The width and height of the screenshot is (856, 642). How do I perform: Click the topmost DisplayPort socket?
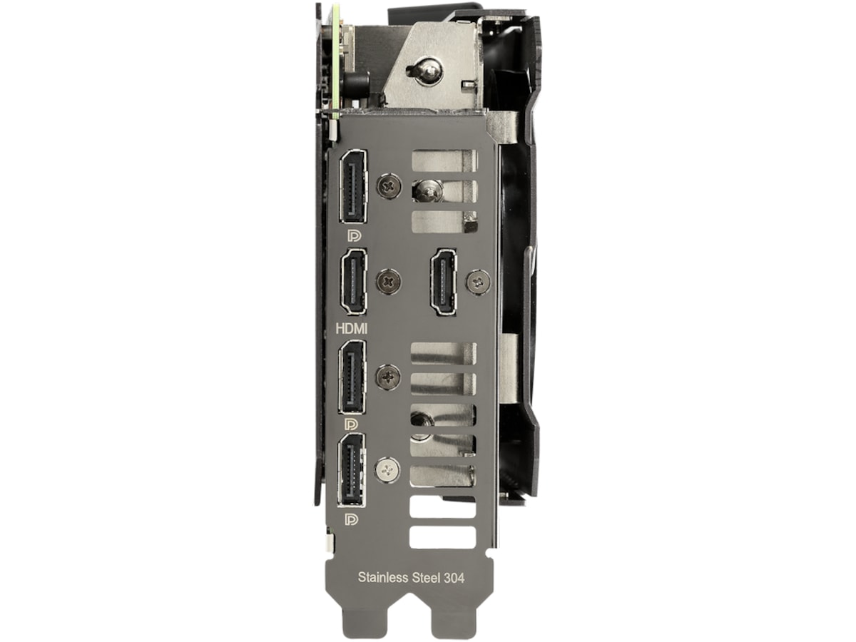353,187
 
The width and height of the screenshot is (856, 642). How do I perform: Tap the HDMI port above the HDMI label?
354,281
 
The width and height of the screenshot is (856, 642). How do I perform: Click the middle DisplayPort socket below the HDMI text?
352,377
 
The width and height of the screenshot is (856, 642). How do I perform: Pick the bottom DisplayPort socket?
352,470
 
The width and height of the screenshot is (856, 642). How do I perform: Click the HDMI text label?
352,329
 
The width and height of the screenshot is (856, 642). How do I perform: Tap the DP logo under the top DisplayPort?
354,236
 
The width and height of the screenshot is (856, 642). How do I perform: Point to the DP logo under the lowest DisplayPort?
352,519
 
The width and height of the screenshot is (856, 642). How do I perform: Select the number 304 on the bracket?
454,578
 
